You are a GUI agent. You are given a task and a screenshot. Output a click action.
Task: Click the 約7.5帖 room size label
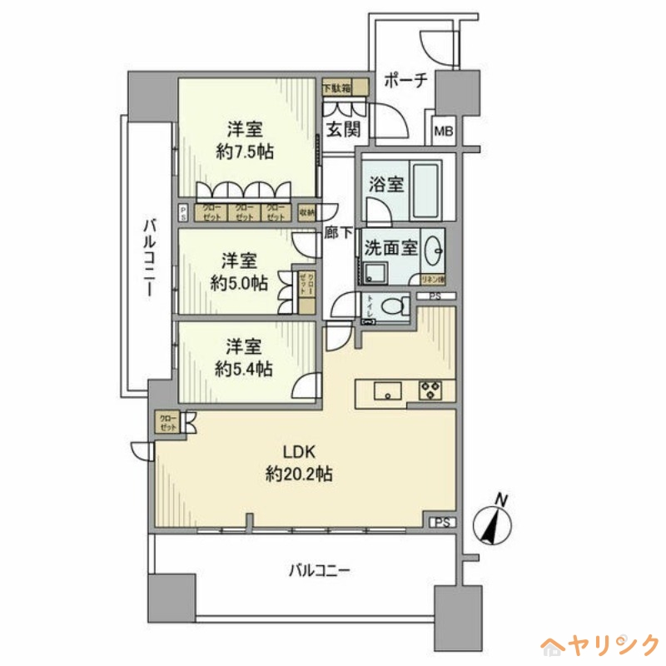[246, 152]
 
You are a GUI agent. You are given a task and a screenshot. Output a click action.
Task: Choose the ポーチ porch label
[405, 81]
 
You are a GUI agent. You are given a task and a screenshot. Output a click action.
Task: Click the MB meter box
[444, 130]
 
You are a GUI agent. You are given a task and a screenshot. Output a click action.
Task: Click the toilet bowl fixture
[391, 307]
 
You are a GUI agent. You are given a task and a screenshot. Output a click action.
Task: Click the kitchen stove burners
[431, 390]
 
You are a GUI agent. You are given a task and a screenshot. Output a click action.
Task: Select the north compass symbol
[493, 522]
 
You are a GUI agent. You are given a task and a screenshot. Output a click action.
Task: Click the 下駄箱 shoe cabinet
[336, 87]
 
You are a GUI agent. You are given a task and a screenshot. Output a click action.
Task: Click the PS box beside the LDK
[444, 522]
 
